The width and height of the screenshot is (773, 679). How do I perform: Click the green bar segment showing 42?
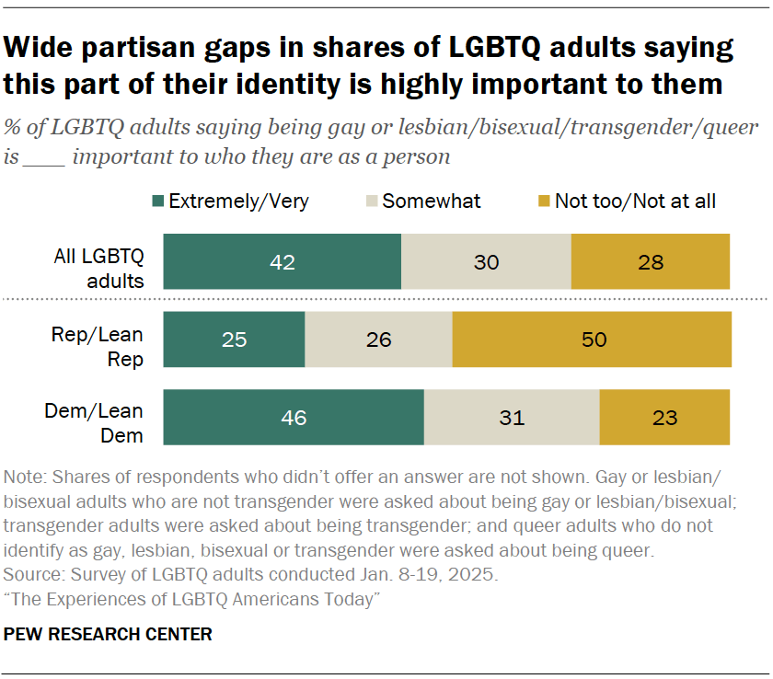pos(282,262)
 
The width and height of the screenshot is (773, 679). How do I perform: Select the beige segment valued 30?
pos(486,262)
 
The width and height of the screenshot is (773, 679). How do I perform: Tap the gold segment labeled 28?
pos(650,262)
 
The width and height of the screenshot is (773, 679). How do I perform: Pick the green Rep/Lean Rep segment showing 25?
pos(234,339)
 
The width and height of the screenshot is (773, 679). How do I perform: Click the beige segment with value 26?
pos(378,339)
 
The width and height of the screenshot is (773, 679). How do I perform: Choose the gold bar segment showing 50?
pos(592,339)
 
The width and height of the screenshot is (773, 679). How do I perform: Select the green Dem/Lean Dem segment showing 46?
pos(294,417)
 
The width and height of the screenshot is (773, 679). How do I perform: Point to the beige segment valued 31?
pos(512,417)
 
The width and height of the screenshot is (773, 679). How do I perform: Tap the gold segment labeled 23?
pos(664,417)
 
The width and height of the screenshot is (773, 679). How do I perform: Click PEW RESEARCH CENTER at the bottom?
pos(109,634)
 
